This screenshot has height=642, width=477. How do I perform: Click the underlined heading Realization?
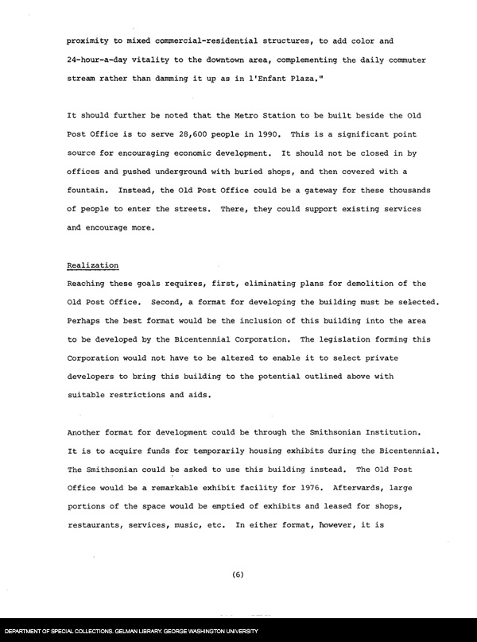click(x=93, y=265)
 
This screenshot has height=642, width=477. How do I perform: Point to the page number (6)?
click(x=238, y=577)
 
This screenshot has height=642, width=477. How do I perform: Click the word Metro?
click(x=238, y=116)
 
